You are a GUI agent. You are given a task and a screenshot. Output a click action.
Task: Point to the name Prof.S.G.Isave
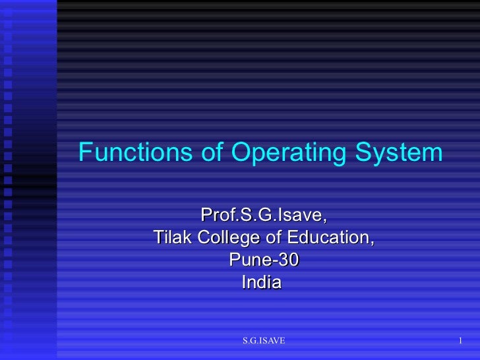pyautogui.click(x=263, y=216)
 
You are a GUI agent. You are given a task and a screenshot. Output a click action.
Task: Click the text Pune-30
pyautogui.click(x=263, y=260)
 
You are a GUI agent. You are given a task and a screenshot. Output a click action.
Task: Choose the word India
pyautogui.click(x=262, y=282)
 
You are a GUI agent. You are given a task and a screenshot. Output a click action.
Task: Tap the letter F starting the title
pyautogui.click(x=84, y=153)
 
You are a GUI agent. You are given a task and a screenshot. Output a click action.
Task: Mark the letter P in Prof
pyautogui.click(x=206, y=216)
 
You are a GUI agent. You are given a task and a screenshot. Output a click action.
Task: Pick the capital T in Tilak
pyautogui.click(x=158, y=237)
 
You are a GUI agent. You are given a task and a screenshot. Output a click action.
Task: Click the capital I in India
pyautogui.click(x=245, y=282)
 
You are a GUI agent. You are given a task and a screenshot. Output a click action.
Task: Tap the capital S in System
pyautogui.click(x=360, y=153)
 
